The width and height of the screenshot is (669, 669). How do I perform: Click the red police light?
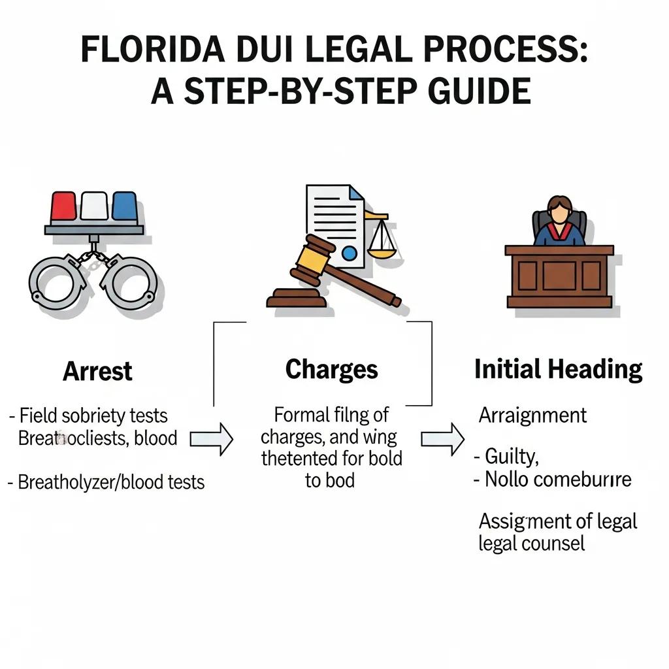63,207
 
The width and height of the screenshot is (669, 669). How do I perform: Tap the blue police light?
124,207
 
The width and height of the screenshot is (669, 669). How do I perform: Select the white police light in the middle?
94,207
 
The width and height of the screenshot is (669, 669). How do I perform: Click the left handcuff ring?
57,282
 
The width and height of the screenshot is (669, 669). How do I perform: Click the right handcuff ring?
129,282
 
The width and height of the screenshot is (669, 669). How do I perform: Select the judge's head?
559,208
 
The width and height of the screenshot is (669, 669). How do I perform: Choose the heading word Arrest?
97,372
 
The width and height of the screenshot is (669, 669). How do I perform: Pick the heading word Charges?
331,370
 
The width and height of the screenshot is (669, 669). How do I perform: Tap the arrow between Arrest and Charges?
211,438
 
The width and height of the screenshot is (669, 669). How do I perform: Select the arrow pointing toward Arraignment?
442,438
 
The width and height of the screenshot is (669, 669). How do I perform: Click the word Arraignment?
532,415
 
